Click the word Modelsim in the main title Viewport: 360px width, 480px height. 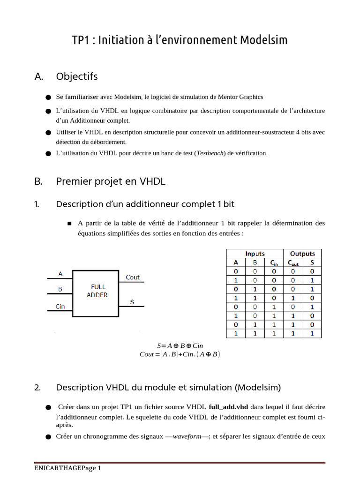[x=264, y=40]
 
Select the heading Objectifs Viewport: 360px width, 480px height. [x=77, y=76]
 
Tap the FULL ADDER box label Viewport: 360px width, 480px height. [x=97, y=291]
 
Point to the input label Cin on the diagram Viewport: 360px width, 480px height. [x=60, y=307]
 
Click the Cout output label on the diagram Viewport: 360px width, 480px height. [x=133, y=277]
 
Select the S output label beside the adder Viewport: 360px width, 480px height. [x=132, y=302]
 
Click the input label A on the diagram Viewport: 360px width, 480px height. [x=60, y=273]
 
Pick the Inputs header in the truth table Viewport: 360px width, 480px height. [x=255, y=254]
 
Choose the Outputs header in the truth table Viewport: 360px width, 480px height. [x=302, y=254]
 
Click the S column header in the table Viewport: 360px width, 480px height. [x=312, y=262]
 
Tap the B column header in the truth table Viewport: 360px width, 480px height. [x=255, y=262]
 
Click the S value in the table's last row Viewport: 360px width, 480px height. [x=312, y=334]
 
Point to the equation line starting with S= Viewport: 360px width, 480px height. [x=180, y=346]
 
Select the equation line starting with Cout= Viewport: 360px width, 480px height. [x=180, y=354]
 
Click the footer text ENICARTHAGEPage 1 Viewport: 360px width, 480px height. [x=67, y=469]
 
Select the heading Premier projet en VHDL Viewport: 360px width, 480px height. [x=111, y=181]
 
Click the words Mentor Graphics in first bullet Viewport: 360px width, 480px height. [x=240, y=97]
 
